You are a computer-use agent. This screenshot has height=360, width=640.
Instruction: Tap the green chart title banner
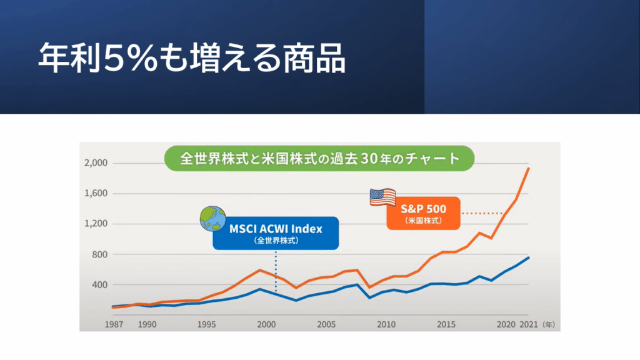tap(319, 157)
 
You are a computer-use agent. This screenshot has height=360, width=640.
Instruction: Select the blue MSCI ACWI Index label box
tap(276, 232)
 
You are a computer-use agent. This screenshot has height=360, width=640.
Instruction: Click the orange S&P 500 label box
tap(423, 212)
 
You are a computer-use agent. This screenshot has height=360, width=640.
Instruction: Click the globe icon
tap(213, 219)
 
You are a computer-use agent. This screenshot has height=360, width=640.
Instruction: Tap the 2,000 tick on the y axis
tap(95, 163)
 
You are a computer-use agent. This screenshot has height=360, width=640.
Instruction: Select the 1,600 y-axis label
tap(95, 194)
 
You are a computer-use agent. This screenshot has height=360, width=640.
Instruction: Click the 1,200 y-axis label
tap(95, 224)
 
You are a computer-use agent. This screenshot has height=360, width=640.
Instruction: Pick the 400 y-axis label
tap(100, 284)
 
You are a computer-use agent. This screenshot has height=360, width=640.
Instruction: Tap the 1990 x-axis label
tap(147, 325)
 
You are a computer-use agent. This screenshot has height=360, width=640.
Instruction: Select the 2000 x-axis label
tap(267, 325)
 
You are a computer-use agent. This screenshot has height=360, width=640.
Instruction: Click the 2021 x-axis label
tap(529, 325)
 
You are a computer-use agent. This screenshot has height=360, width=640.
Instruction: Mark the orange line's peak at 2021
tap(529, 168)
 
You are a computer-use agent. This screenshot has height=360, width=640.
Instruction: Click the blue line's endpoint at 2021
tap(529, 257)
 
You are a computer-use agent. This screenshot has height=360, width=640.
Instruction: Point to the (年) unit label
tap(548, 325)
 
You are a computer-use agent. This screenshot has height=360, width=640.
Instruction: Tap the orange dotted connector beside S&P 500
tap(482, 212)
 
